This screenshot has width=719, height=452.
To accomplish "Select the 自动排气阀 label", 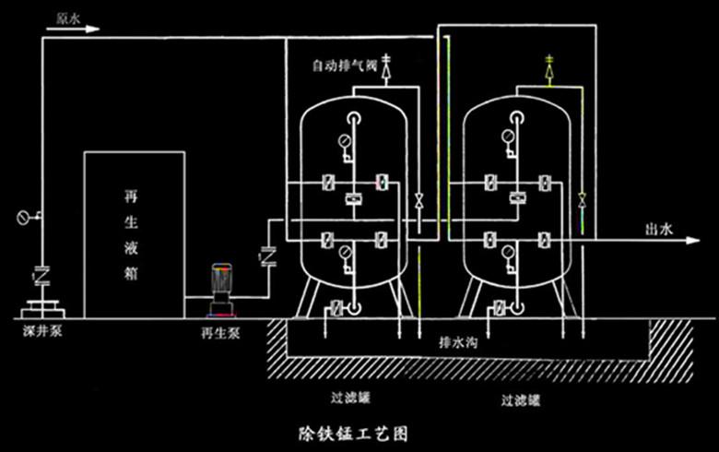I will point(346,66).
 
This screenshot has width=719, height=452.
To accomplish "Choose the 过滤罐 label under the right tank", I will point(521,400).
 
